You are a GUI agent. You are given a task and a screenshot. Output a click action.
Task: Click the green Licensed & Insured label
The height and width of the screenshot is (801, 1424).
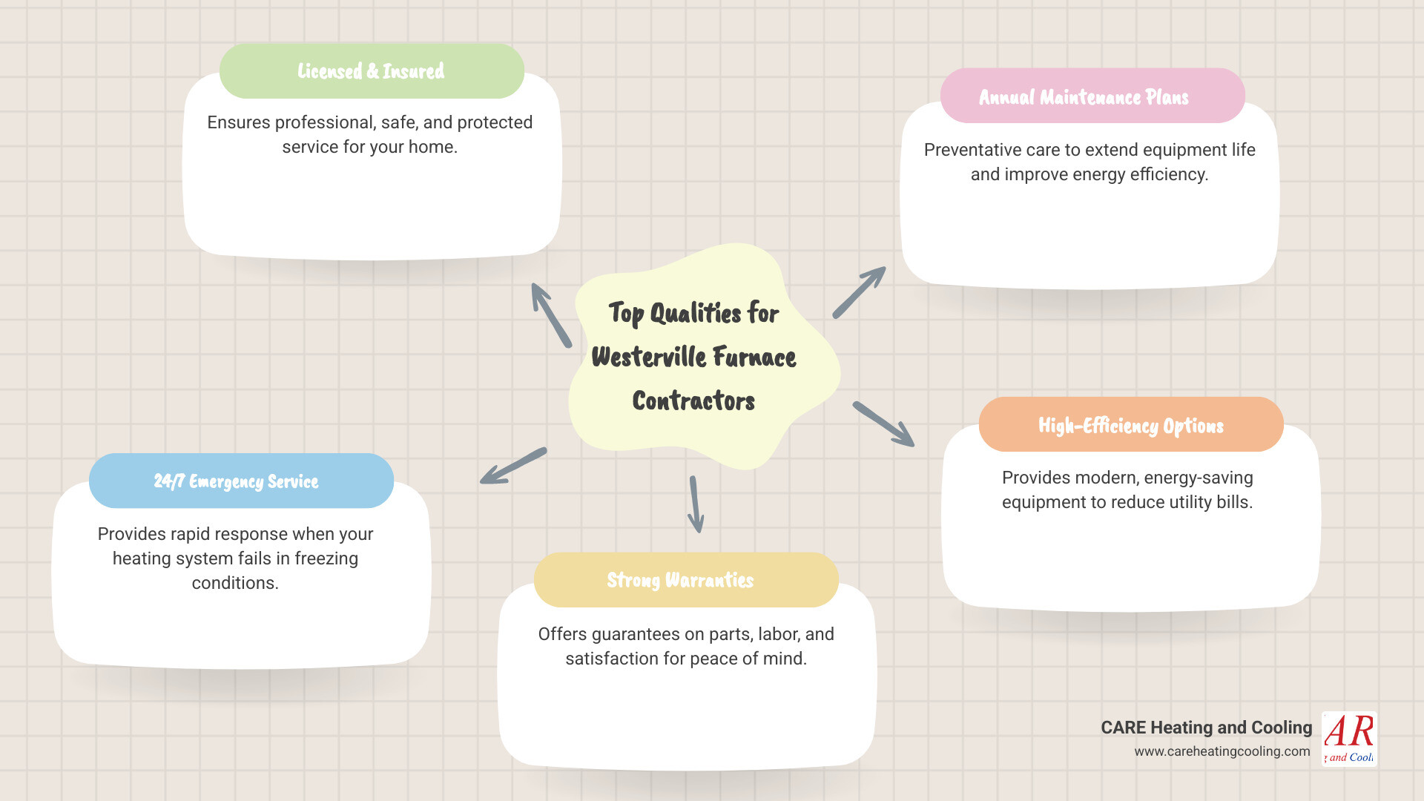[371, 71]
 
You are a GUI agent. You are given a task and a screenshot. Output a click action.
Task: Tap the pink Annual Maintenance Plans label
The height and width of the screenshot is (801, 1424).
[1084, 97]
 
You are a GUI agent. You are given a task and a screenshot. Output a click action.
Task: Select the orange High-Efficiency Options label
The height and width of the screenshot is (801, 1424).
[1130, 426]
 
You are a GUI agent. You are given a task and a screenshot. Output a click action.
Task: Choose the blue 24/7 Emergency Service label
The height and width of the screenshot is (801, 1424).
[236, 481]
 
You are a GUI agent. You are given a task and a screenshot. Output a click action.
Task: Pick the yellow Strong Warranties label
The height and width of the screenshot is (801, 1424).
[680, 580]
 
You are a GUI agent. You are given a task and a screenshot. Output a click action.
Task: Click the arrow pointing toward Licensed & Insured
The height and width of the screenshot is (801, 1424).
[550, 314]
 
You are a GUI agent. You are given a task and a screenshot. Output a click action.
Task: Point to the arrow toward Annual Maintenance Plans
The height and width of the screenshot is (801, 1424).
[859, 292]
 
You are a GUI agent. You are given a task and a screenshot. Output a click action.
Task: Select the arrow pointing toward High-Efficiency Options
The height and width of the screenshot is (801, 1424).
[883, 424]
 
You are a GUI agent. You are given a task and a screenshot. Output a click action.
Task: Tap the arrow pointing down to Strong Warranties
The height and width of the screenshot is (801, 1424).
[696, 504]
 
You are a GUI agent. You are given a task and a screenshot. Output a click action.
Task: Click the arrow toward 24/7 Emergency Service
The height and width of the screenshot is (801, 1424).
[513, 466]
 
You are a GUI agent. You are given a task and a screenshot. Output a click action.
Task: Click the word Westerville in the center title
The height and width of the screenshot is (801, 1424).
[648, 357]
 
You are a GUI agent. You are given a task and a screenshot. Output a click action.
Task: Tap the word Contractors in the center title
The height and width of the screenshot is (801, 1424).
[693, 401]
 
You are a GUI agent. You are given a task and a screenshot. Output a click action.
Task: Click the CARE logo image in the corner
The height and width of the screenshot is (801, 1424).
[1349, 739]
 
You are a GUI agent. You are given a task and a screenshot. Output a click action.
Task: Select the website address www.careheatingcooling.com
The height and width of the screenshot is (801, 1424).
[1222, 751]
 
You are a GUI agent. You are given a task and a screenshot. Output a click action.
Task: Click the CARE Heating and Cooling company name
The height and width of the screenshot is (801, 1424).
[1206, 728]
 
